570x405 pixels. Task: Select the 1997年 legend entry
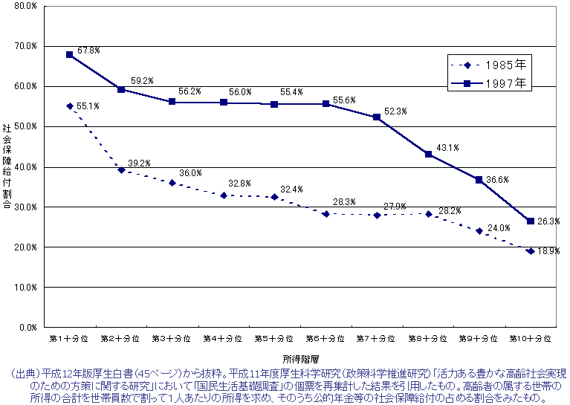[x=505, y=84]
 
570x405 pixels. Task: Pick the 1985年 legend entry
[x=505, y=64]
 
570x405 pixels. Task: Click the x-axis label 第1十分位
[x=69, y=338]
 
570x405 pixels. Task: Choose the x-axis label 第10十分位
[x=531, y=338]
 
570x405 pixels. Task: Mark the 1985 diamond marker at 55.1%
[x=70, y=106]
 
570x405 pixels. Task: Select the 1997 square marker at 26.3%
[x=530, y=221]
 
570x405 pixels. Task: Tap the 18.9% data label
[x=549, y=252]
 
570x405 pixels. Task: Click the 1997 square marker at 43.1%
[x=428, y=154]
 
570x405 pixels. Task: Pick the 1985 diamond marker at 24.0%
[x=479, y=231]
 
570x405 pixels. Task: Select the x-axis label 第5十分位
[x=274, y=338]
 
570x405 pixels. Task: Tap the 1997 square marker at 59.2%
[x=121, y=89]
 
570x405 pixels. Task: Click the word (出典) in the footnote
[x=19, y=372]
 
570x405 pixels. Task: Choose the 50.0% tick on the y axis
[x=27, y=126]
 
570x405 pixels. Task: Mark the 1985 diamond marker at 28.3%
[x=326, y=213]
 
